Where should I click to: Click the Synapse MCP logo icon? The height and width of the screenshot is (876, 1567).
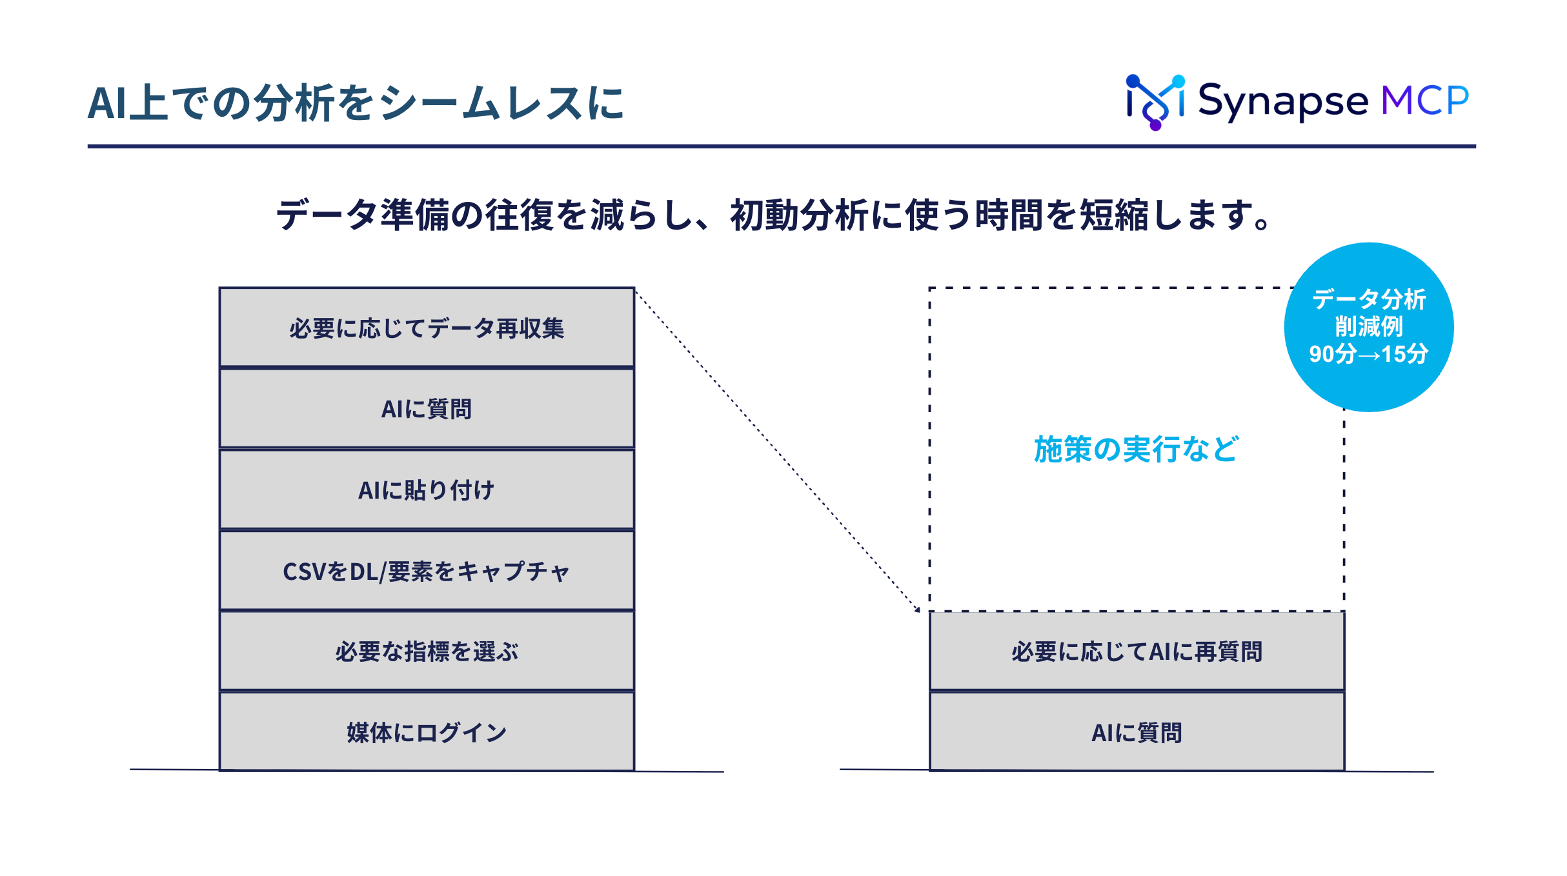tap(1155, 102)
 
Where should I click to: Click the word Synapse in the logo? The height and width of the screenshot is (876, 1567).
tap(1282, 102)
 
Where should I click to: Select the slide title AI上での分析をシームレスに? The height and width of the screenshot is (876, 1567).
tap(356, 103)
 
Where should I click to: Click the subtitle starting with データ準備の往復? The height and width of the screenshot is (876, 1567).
tap(774, 215)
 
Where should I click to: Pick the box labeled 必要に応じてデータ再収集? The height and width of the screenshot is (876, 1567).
tap(427, 328)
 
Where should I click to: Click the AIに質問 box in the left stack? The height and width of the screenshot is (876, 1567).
tap(427, 408)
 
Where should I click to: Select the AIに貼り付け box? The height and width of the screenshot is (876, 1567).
tap(427, 490)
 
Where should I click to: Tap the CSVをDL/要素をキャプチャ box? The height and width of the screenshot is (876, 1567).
tap(427, 570)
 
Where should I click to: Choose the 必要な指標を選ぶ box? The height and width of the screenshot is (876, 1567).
tap(427, 651)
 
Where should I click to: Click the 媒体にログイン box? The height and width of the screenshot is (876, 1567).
tap(427, 732)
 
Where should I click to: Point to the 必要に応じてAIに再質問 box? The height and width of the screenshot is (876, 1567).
tap(1137, 651)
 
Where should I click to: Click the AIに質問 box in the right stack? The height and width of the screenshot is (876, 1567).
tap(1137, 732)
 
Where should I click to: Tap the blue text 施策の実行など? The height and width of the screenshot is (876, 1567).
tap(1136, 449)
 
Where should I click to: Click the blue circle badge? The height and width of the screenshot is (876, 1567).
tap(1369, 327)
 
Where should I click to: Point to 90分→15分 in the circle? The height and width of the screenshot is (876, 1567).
tap(1369, 354)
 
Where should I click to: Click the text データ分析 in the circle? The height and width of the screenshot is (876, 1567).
tap(1369, 299)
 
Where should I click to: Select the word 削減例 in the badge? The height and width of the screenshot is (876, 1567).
tap(1369, 326)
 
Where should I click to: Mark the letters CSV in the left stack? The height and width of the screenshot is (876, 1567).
tap(305, 572)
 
